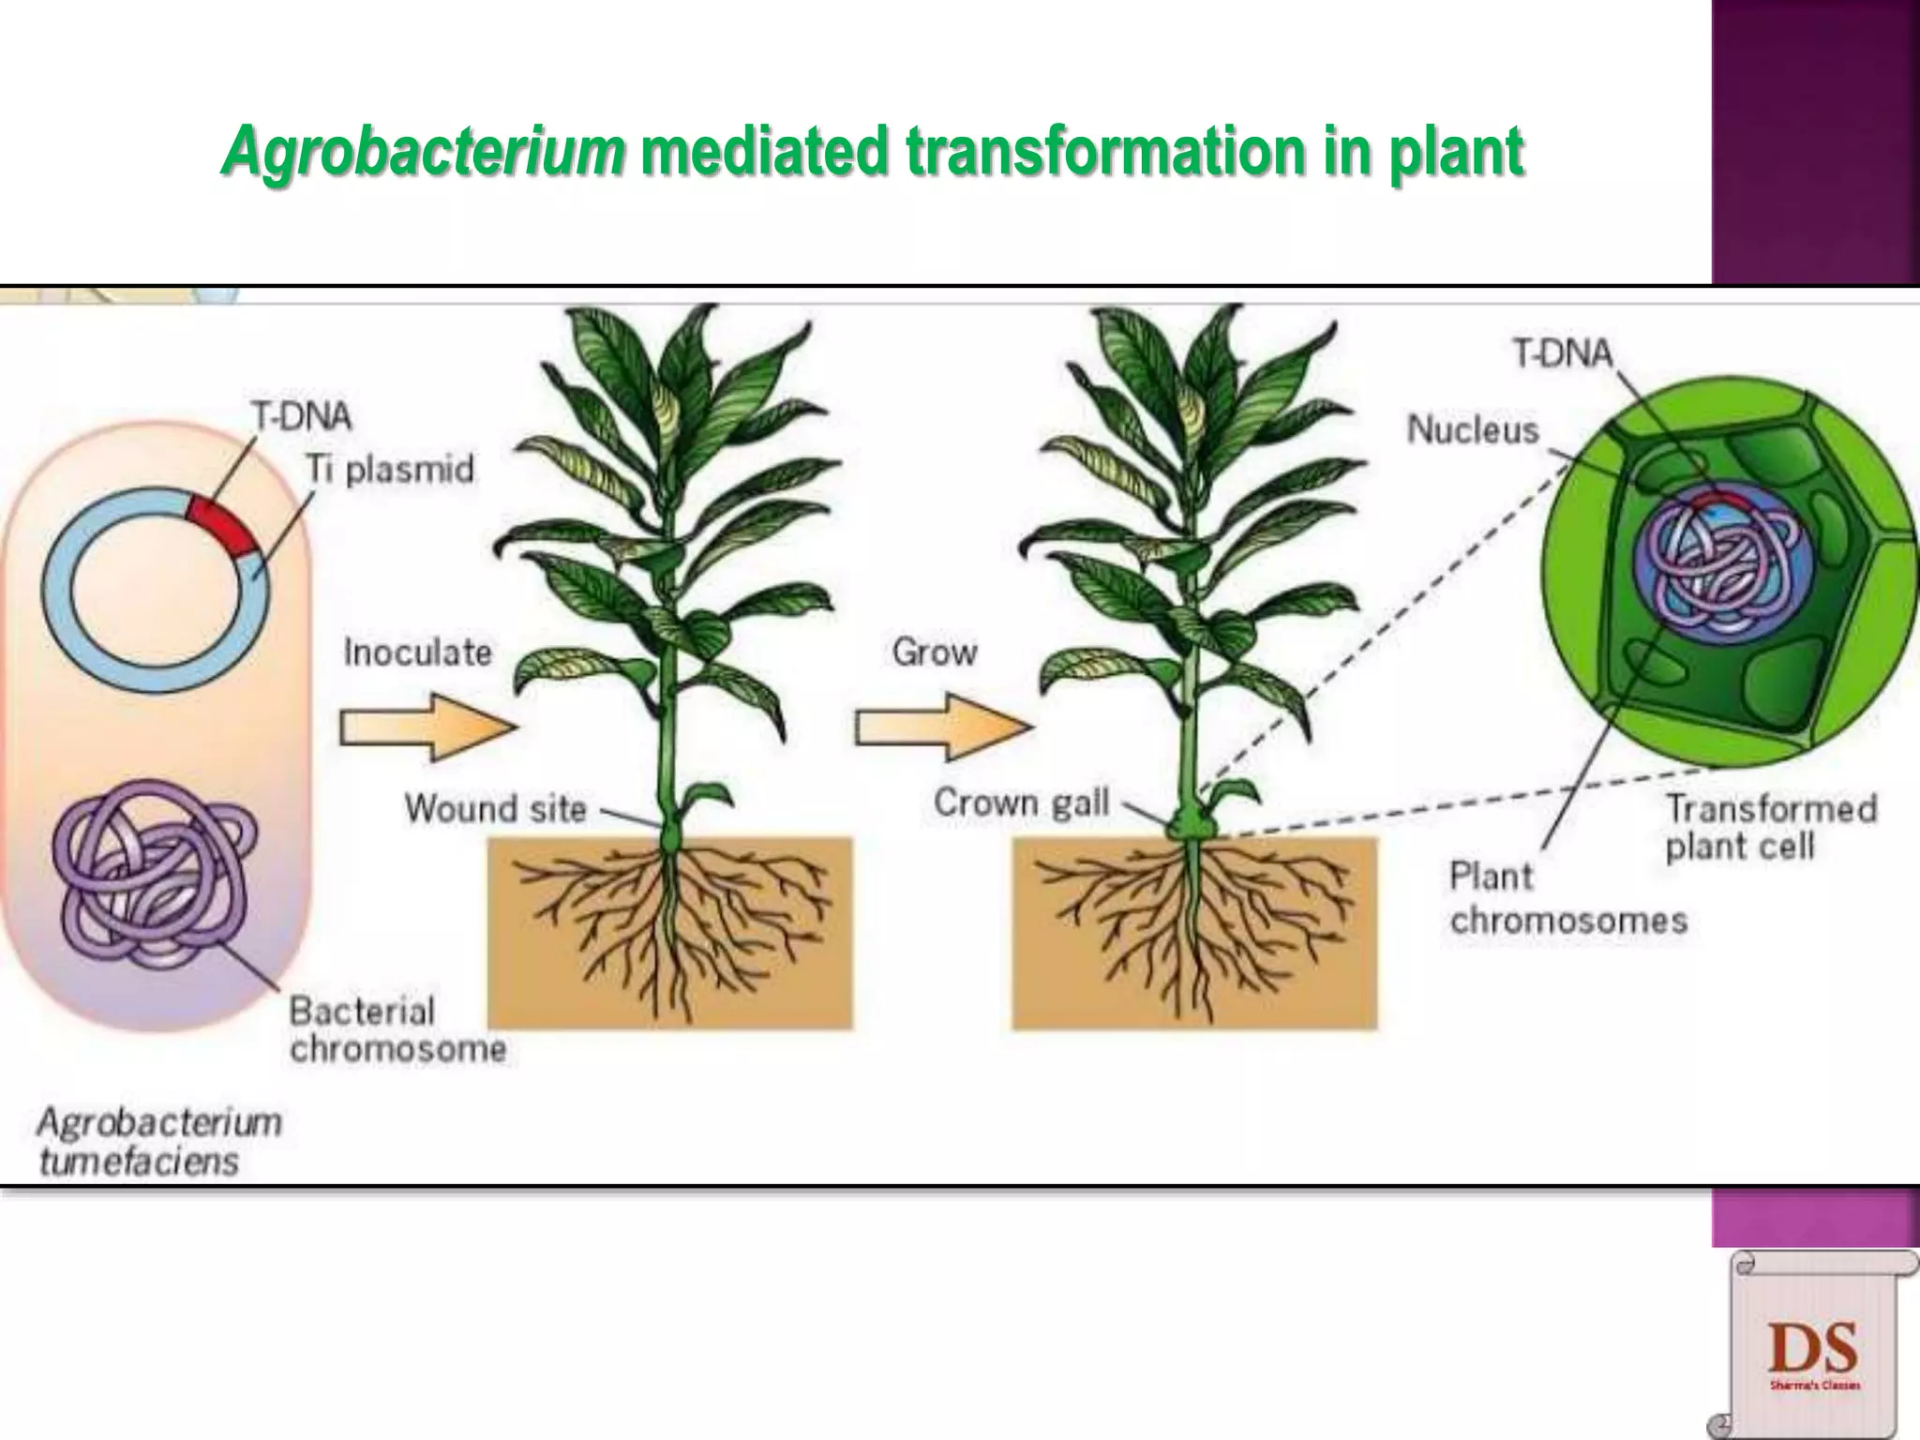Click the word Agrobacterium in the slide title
pos(423,152)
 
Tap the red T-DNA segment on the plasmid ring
pos(221,527)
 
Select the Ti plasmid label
pos(390,469)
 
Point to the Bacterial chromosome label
pos(397,1029)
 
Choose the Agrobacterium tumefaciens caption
pos(158,1141)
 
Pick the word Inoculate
pos(417,652)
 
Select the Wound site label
pos(496,808)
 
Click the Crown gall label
pos(1021,802)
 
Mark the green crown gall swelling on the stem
pos(1190,825)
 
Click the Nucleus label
pos(1473,429)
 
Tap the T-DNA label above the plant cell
pos(1563,353)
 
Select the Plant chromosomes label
pos(1567,898)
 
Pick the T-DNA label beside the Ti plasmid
pos(301,415)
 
